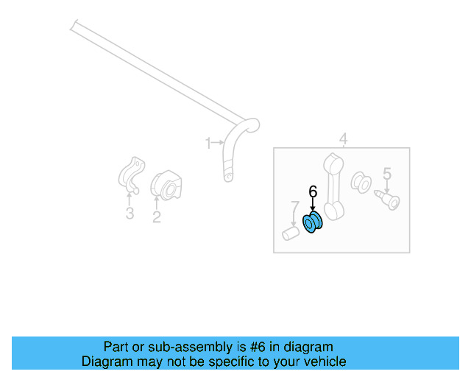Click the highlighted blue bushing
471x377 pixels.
coord(312,222)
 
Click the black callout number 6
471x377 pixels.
coord(313,191)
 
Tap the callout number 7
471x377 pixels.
coord(295,207)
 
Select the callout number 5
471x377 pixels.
coord(387,174)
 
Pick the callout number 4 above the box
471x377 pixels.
coord(344,138)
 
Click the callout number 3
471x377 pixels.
coord(130,213)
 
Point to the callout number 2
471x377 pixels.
coord(157,216)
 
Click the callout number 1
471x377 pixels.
coord(208,143)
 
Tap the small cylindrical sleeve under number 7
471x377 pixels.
coord(290,233)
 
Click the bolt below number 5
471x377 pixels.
coord(388,200)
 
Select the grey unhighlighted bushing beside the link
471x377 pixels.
coord(361,183)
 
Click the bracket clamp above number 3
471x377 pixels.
coord(131,175)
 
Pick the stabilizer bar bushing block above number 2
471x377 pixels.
coord(166,186)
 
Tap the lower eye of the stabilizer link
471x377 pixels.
coord(334,211)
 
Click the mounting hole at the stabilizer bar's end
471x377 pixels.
coord(229,177)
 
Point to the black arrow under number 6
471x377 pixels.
coord(313,205)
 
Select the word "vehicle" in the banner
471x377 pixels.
coord(329,362)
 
